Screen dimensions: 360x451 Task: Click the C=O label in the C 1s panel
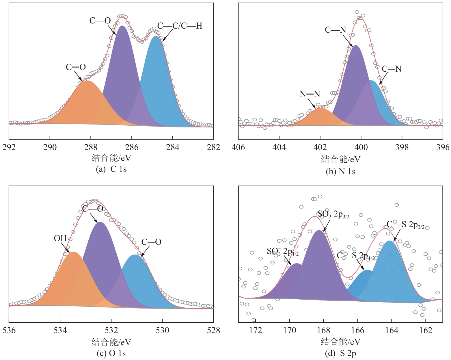(x=76, y=67)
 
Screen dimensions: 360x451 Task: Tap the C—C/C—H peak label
(x=180, y=26)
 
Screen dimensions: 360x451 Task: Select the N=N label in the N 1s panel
(x=310, y=94)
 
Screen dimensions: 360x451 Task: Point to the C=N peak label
(x=392, y=69)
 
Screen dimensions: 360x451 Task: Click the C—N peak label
(x=335, y=30)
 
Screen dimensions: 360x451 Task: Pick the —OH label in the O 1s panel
(x=56, y=238)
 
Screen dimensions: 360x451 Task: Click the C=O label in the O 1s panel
(x=151, y=242)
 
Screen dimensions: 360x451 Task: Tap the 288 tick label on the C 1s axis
(x=91, y=147)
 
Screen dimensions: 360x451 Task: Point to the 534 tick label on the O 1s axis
(x=60, y=330)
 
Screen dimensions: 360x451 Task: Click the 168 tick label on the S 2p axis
(x=323, y=330)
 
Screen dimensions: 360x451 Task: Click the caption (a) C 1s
(x=111, y=169)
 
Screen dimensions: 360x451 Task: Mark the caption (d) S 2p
(x=340, y=353)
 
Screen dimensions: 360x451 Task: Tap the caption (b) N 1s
(x=340, y=172)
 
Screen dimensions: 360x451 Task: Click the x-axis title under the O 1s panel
(x=111, y=342)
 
